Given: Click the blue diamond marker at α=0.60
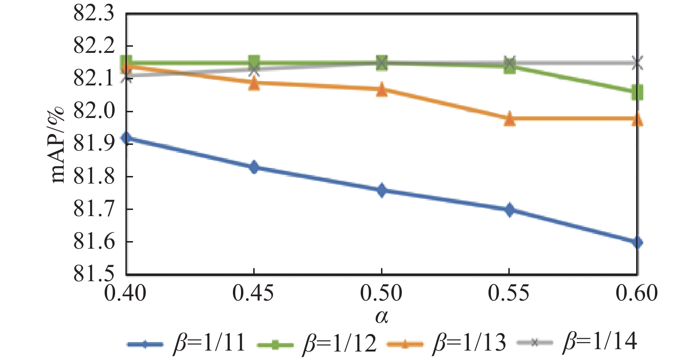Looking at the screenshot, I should (x=637, y=243).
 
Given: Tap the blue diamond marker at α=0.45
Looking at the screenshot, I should (x=254, y=167).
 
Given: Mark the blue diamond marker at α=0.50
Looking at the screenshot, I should (x=381, y=191).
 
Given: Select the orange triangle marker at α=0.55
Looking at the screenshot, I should (x=509, y=119).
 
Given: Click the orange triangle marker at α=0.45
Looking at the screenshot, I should (x=254, y=84).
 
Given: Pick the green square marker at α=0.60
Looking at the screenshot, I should (x=637, y=92).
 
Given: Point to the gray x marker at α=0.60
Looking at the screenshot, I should (x=637, y=62).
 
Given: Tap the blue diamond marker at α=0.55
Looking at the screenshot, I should (x=509, y=210).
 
